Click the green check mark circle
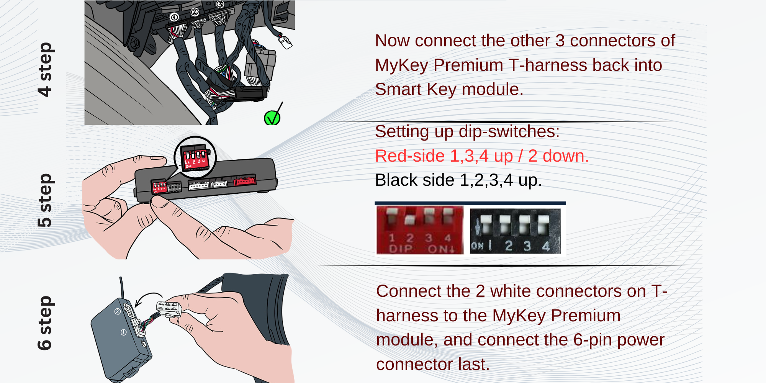pyautogui.click(x=272, y=118)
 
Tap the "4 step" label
pyautogui.click(x=45, y=69)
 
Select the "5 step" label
pyautogui.click(x=45, y=200)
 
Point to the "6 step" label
pyautogui.click(x=45, y=323)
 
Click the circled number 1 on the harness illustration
pyautogui.click(x=174, y=17)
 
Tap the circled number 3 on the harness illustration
pyautogui.click(x=220, y=5)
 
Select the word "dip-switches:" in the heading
pyautogui.click(x=509, y=132)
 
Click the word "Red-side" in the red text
pyautogui.click(x=410, y=156)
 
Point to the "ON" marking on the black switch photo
pyautogui.click(x=477, y=246)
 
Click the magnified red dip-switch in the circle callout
pyautogui.click(x=195, y=157)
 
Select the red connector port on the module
pyautogui.click(x=245, y=181)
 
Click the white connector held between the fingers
pyautogui.click(x=169, y=309)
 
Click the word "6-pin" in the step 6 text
pyautogui.click(x=592, y=340)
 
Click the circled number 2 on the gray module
pyautogui.click(x=118, y=311)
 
